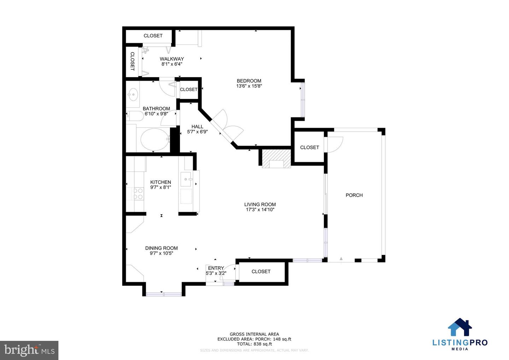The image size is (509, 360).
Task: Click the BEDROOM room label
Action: click(x=249, y=81)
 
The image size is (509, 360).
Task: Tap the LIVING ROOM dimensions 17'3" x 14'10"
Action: click(x=260, y=210)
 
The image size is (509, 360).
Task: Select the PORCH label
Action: click(x=354, y=195)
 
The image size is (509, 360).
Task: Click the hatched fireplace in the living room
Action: click(x=276, y=158)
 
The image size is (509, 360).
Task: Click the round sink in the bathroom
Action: click(x=133, y=94)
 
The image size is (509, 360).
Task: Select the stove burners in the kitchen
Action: click(x=138, y=194)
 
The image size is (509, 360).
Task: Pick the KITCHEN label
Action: click(x=160, y=182)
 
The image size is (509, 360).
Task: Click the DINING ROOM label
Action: click(x=161, y=248)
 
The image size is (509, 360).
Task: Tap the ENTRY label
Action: click(x=216, y=268)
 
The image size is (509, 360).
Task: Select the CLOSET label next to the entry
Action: click(x=261, y=272)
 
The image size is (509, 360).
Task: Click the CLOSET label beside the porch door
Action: click(x=309, y=147)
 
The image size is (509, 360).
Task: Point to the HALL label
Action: click(x=197, y=127)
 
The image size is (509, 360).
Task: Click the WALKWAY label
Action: click(x=172, y=59)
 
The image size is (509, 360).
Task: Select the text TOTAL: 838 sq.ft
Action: click(x=254, y=344)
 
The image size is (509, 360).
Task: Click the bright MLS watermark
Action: click(x=29, y=350)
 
